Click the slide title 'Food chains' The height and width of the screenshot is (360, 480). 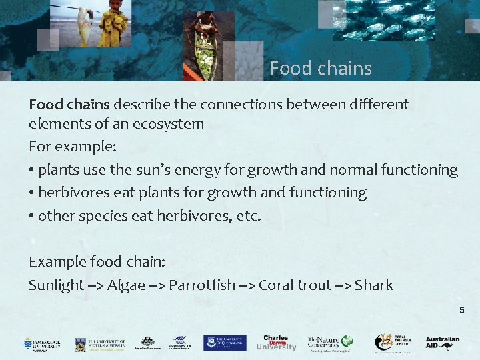321,68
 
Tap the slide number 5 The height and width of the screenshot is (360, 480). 461,310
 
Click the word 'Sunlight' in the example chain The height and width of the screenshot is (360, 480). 56,285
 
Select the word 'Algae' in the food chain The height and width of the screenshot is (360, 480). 126,285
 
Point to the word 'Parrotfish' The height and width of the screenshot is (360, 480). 202,285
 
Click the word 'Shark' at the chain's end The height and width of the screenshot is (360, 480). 374,285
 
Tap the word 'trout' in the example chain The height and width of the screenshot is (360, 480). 313,285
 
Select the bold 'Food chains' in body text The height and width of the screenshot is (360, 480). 69,104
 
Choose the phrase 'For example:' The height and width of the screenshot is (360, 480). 63,146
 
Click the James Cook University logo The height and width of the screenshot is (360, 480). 42,343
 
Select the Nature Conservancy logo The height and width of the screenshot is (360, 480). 329,343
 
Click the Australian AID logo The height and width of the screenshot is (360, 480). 443,343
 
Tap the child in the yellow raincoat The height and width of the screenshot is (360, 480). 113,25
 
